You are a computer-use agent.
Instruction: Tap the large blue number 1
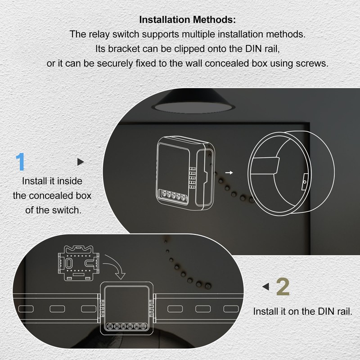(20, 162)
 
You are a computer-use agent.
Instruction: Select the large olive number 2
(282, 288)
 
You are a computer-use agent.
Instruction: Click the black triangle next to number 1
(81, 162)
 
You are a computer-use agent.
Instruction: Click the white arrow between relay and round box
(229, 172)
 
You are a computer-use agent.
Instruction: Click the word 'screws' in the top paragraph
(312, 63)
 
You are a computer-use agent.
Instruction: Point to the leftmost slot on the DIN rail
(26, 309)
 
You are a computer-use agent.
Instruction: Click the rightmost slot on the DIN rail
(230, 309)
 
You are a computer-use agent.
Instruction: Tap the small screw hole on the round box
(305, 182)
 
